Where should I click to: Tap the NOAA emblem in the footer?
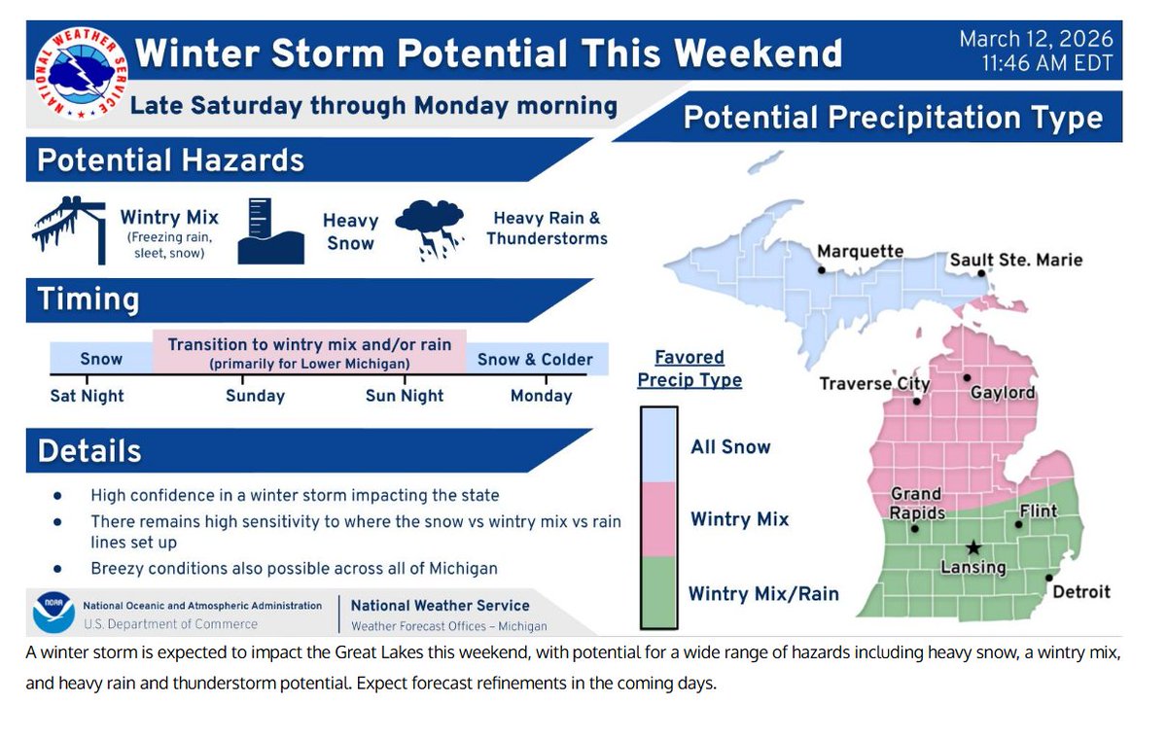point(53,613)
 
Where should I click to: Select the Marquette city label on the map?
point(860,252)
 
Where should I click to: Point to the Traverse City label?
point(874,383)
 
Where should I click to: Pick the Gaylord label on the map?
point(1003,393)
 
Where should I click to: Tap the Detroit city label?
point(1080,591)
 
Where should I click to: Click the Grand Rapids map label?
point(915,504)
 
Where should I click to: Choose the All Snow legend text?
point(730,447)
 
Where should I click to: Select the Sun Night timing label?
point(405,396)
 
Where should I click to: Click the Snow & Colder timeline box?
point(535,359)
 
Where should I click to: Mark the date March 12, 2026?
point(1035,40)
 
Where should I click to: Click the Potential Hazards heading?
point(171,160)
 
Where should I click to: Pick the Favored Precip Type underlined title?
point(690,369)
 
